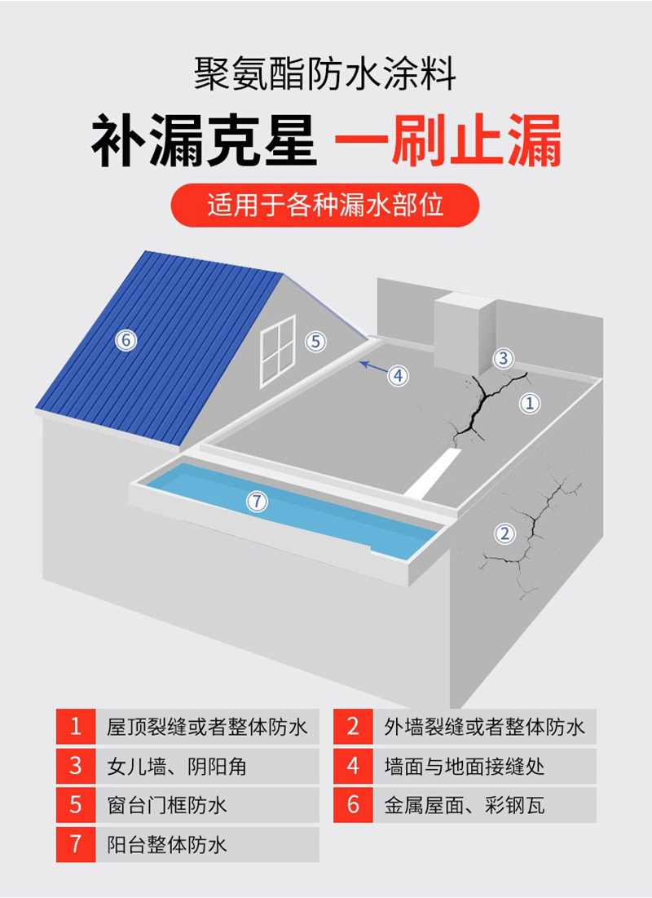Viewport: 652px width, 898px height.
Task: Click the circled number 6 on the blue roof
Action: click(x=126, y=340)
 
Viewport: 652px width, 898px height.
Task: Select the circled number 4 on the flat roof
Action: click(x=398, y=375)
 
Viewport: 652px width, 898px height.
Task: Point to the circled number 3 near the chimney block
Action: click(x=504, y=357)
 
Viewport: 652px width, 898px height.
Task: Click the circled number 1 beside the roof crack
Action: click(x=531, y=402)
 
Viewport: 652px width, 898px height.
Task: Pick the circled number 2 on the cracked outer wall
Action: click(x=505, y=534)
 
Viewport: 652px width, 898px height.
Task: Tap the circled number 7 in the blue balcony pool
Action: click(x=257, y=502)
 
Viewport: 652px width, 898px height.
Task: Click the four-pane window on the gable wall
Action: click(x=277, y=351)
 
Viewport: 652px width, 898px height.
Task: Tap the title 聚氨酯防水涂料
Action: click(x=325, y=75)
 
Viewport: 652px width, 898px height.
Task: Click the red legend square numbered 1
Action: click(x=76, y=726)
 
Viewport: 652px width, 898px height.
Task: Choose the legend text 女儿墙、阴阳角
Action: click(x=177, y=766)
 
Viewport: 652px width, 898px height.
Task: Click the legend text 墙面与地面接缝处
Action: click(x=465, y=766)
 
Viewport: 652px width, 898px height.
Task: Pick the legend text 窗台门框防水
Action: click(x=167, y=805)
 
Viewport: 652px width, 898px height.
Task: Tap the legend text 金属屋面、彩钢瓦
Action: click(x=465, y=805)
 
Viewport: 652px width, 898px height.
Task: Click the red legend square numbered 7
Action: click(x=76, y=844)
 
